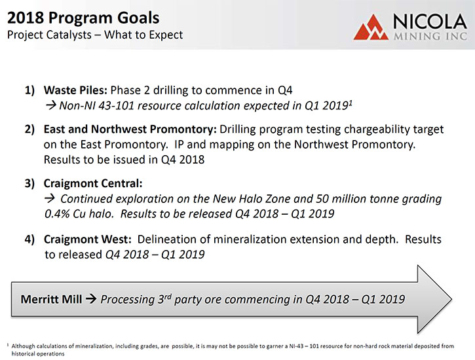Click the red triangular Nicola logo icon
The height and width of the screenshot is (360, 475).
pyautogui.click(x=371, y=28)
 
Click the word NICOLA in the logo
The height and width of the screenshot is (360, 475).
pyautogui.click(x=430, y=22)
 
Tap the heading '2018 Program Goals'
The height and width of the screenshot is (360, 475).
pyautogui.click(x=83, y=18)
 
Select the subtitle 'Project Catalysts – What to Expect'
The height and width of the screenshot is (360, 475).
pyautogui.click(x=95, y=35)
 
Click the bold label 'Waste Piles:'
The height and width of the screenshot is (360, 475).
pyautogui.click(x=75, y=90)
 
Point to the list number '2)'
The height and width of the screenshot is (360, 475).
pyautogui.click(x=29, y=129)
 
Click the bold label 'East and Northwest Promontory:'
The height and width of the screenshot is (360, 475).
pyautogui.click(x=130, y=130)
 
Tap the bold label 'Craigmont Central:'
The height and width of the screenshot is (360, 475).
pyautogui.click(x=93, y=184)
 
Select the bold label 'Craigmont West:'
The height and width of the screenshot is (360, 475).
pyautogui.click(x=88, y=240)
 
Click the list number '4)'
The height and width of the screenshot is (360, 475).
pyautogui.click(x=29, y=240)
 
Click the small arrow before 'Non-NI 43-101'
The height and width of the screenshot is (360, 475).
pyautogui.click(x=51, y=105)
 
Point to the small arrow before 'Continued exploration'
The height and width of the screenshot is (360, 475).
pyautogui.click(x=50, y=198)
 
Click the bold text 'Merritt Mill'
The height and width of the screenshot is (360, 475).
pyautogui.click(x=51, y=299)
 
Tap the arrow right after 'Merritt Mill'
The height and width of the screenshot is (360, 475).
pyautogui.click(x=91, y=299)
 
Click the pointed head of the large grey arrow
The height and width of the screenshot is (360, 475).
pyautogui.click(x=451, y=300)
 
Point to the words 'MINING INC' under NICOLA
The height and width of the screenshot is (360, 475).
pyautogui.click(x=430, y=36)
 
